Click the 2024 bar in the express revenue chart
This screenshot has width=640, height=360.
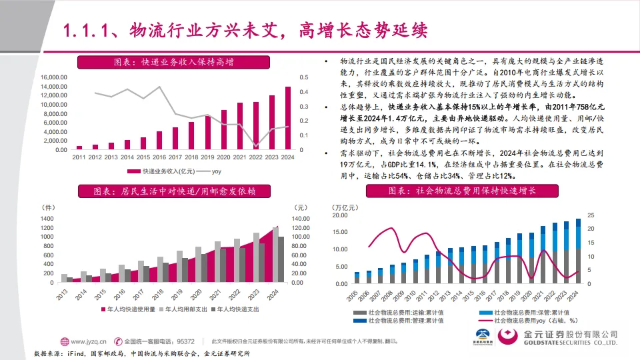coord(288,118)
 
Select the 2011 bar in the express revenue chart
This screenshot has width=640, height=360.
coord(79,147)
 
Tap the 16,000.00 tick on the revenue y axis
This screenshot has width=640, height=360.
coord(54,77)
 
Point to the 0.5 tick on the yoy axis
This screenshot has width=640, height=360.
coord(303,77)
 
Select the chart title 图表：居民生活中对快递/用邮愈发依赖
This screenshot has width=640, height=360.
coord(174,191)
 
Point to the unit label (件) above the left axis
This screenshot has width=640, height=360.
coord(47,207)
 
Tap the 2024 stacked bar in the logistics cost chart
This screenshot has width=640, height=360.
coord(577,251)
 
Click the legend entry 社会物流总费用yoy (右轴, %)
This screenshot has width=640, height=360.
coord(533,321)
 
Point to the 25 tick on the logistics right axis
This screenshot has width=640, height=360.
coord(591,216)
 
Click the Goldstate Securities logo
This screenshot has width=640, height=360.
coord(560,337)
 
